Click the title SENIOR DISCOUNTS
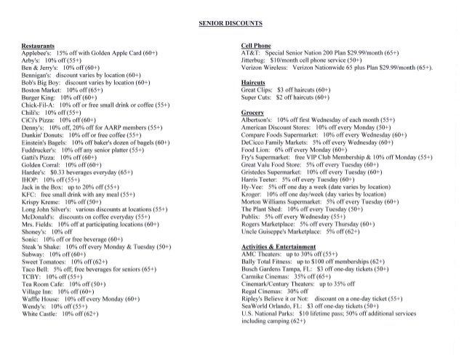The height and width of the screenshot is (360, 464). [x=232, y=25]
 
